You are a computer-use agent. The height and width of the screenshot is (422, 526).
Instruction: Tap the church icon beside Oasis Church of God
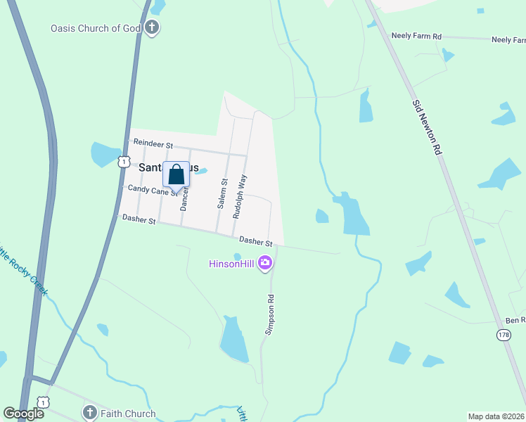pos(152,29)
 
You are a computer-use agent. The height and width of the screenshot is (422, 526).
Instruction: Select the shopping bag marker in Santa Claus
pos(177,174)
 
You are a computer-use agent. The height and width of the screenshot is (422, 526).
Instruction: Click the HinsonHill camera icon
pos(265,264)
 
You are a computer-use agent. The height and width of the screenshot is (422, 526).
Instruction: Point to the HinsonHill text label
pos(232,264)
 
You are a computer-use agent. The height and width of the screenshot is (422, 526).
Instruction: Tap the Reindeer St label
pos(153,143)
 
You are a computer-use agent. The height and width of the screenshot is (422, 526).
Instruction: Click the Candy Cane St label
pos(151,190)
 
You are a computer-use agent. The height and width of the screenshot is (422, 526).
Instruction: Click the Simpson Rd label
pos(269,314)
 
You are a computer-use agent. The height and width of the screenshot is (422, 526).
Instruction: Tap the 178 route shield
pos(503,335)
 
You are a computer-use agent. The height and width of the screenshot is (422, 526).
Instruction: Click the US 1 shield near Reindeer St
pos(123,161)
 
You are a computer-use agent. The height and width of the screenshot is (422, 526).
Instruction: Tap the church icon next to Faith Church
pos(89,413)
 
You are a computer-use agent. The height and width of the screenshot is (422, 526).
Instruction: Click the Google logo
pos(23,414)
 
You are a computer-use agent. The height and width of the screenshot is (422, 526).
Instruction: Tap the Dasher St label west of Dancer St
pos(138,219)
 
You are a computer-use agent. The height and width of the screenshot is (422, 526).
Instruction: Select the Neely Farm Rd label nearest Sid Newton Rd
pos(416,35)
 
